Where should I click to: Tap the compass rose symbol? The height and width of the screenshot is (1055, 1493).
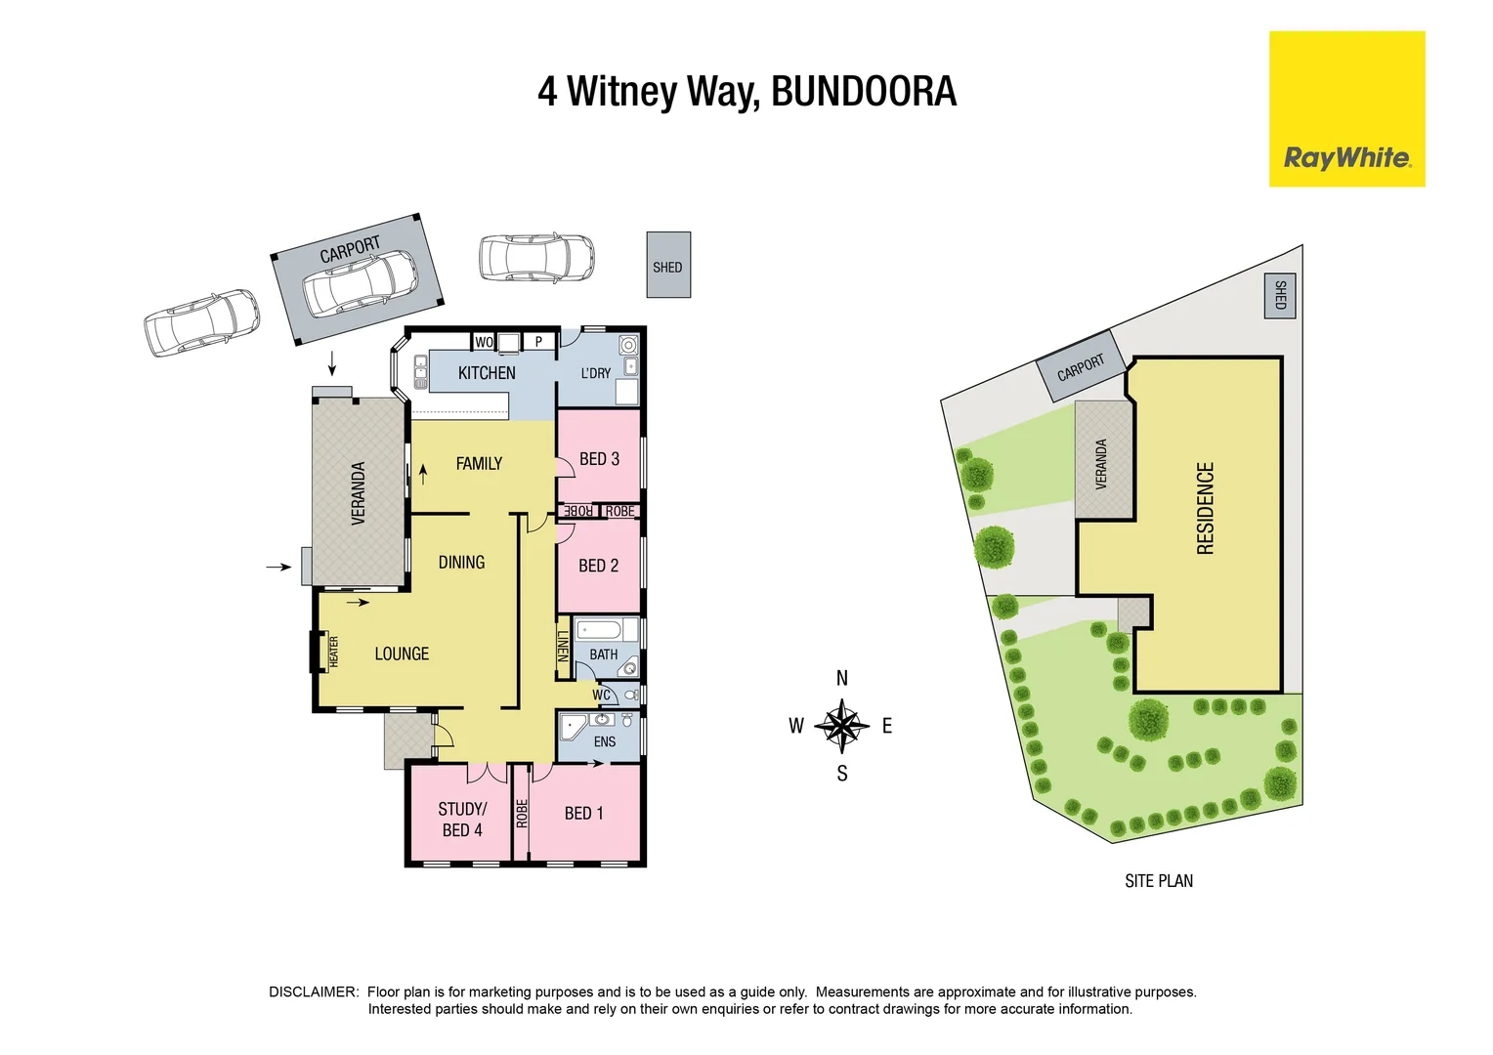[841, 726]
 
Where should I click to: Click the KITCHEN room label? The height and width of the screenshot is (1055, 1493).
[487, 373]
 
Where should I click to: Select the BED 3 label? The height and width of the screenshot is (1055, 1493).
[599, 459]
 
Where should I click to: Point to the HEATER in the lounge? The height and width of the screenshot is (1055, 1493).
[332, 653]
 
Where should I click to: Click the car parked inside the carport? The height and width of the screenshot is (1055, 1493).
[360, 283]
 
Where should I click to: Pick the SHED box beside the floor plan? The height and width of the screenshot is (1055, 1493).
[668, 266]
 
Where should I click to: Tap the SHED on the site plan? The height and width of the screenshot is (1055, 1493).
[1280, 295]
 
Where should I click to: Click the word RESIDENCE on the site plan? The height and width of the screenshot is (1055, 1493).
[1206, 508]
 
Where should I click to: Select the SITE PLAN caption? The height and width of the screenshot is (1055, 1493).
[1159, 881]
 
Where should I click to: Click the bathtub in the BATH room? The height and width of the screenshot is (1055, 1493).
[606, 629]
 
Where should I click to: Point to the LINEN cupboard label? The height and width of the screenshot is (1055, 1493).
[563, 647]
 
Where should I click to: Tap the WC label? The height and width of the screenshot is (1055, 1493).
[601, 696]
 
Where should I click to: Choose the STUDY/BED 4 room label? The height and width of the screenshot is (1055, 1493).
[462, 820]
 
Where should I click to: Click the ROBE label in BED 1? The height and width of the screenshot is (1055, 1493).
[522, 813]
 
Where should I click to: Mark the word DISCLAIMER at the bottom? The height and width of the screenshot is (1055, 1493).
[314, 992]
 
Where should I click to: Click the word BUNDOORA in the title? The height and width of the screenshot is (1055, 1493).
[864, 92]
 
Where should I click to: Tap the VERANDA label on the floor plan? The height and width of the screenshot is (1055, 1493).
[358, 493]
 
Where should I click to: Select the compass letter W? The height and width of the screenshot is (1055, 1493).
[796, 726]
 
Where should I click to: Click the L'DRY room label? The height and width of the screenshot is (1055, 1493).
[596, 373]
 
